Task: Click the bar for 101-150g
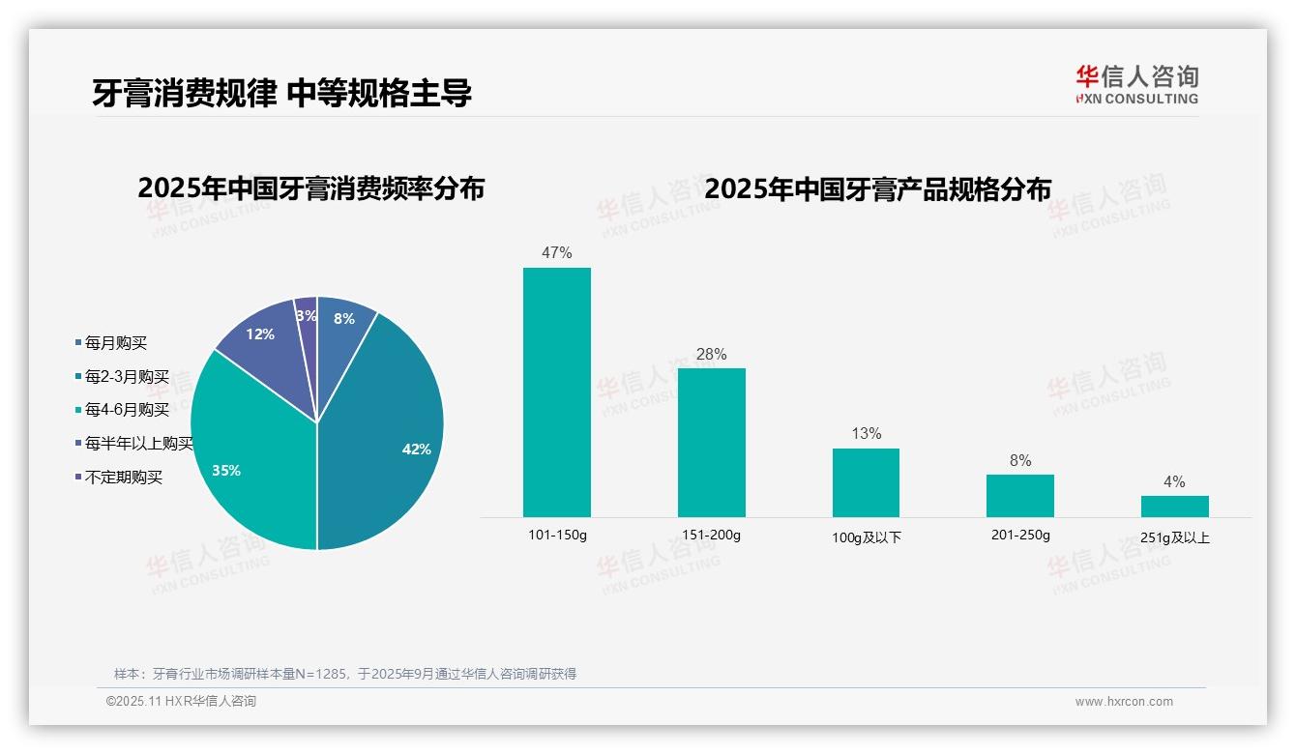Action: coord(556,391)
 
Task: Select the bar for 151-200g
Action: coord(711,442)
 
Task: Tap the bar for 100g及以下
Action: coord(866,482)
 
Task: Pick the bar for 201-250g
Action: coord(1019,495)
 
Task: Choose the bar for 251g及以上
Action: coord(1174,507)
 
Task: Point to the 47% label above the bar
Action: coord(556,253)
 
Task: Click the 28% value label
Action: coord(711,355)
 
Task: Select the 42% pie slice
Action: coord(387,435)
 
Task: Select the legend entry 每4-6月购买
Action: coord(127,410)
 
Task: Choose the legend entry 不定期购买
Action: coord(124,478)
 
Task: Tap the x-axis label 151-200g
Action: coord(711,535)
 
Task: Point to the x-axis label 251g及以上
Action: coord(1174,537)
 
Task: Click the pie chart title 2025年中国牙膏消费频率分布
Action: coord(310,188)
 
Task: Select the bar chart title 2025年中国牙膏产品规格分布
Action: coord(877,189)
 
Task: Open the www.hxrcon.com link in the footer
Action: coord(1124,702)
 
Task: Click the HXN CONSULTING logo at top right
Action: coord(1136,85)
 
